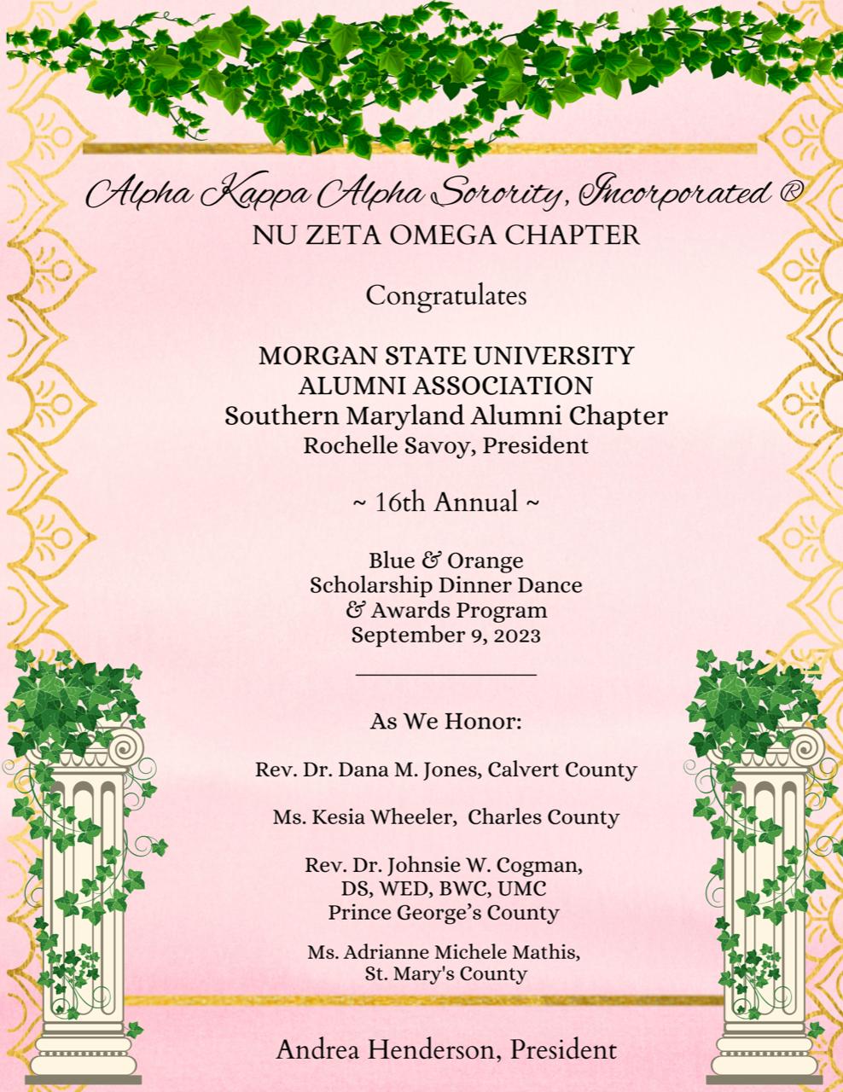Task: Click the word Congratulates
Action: [445, 296]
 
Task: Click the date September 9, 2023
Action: [445, 635]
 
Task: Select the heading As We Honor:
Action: [445, 722]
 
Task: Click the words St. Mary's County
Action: [445, 973]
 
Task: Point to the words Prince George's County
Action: [444, 912]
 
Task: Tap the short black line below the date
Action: [445, 674]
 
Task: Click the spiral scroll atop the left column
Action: [119, 748]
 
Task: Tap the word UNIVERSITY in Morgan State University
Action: [549, 355]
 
